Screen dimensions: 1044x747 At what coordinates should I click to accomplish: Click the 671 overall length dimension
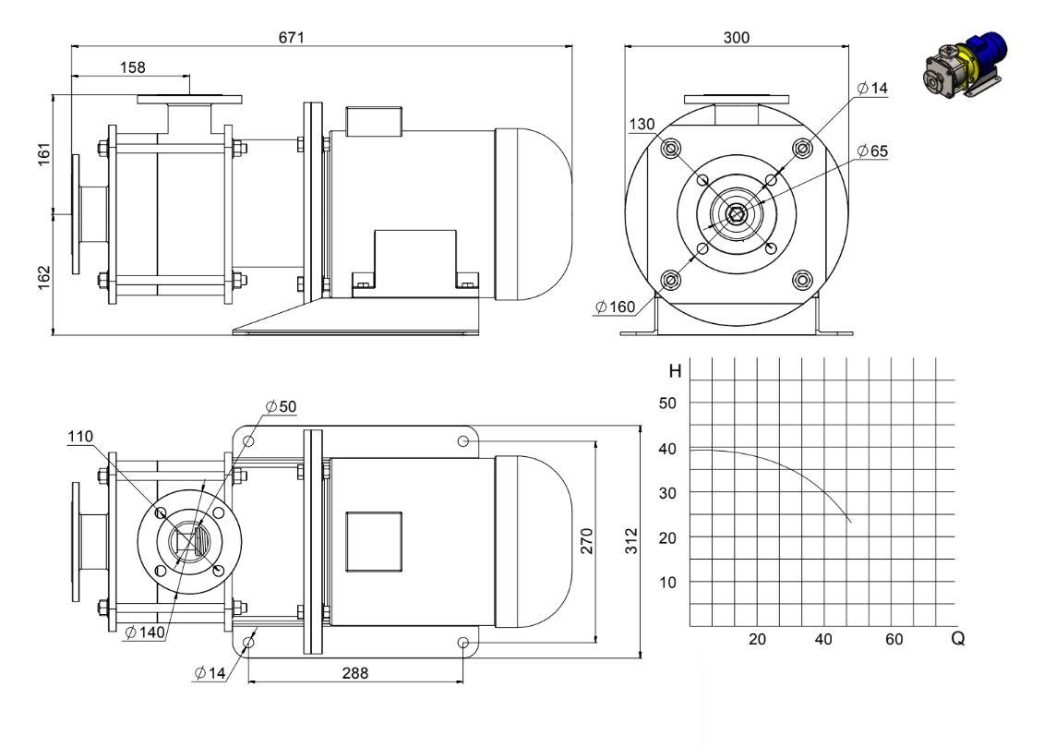tap(291, 37)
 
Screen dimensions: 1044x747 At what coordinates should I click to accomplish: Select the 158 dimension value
tap(133, 67)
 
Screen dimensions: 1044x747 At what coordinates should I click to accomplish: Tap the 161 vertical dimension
tap(44, 154)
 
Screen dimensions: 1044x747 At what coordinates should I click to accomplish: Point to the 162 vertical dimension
tap(44, 278)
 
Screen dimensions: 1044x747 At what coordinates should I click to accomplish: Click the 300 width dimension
tap(737, 37)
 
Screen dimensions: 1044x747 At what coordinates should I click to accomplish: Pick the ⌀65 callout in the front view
tap(873, 151)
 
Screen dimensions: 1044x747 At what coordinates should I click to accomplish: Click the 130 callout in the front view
tap(642, 124)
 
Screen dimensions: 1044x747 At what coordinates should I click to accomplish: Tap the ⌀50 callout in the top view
tap(281, 406)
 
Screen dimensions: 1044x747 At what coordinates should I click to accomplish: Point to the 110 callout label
tap(80, 437)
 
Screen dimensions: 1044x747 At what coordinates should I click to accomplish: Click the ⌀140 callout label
tap(145, 632)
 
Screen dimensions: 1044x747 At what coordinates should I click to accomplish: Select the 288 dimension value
tap(354, 673)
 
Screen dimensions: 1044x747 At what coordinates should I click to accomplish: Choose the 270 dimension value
tap(586, 540)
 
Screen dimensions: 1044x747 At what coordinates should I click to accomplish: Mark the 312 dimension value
tap(631, 540)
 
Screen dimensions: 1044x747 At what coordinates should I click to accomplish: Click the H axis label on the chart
tap(675, 371)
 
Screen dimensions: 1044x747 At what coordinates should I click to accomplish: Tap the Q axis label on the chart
tap(957, 638)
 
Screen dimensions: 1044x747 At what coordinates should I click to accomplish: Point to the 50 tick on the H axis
tap(667, 403)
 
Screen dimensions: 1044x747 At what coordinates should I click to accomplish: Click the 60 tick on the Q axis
tap(894, 639)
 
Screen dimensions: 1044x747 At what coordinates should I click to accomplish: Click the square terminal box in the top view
tap(374, 542)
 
